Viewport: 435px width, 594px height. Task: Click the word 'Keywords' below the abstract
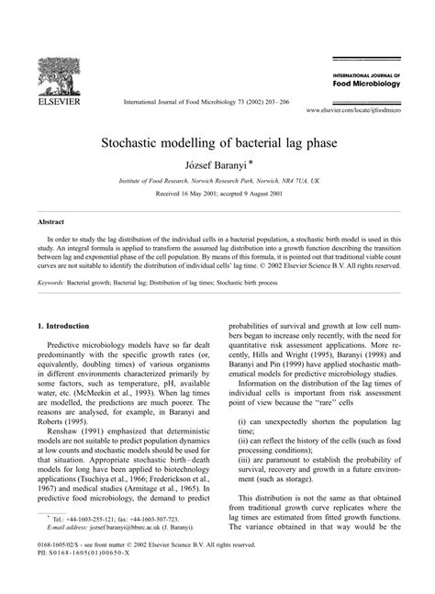point(53,284)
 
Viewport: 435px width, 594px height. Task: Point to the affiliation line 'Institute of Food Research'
point(217,182)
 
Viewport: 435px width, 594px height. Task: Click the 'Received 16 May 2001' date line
point(217,195)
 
